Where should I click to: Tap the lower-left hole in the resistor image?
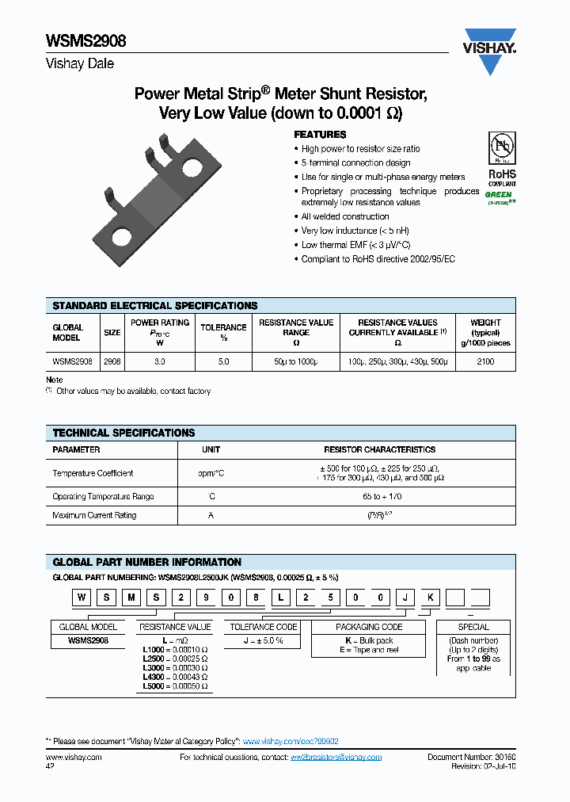tap(123, 235)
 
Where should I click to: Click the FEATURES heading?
tap(320, 135)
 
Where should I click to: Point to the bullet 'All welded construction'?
tap(345, 216)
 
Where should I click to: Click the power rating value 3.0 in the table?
tap(160, 361)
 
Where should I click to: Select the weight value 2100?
tap(485, 361)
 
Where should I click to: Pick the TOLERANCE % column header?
tap(223, 332)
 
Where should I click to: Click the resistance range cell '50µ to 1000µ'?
tap(296, 361)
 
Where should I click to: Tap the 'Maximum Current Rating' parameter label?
tap(94, 515)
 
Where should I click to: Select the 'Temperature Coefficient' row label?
tap(93, 473)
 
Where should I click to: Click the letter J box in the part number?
tap(408, 598)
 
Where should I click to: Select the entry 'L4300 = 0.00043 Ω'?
tap(175, 677)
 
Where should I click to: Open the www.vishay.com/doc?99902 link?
tap(291, 741)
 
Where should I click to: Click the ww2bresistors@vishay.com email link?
tap(336, 758)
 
